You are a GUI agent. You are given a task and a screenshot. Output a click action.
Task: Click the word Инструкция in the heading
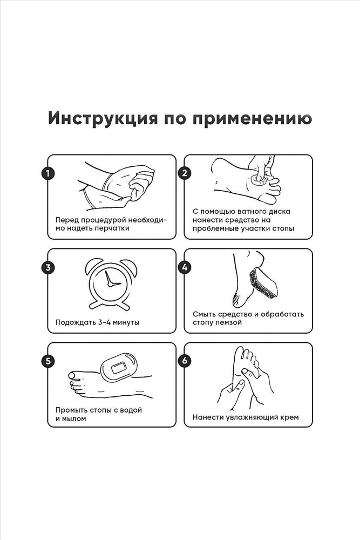(x=103, y=119)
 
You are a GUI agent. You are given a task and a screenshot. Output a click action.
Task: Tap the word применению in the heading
(x=252, y=119)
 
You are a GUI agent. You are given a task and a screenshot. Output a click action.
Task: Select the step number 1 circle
(x=48, y=173)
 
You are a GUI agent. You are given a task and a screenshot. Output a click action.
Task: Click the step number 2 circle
(x=185, y=173)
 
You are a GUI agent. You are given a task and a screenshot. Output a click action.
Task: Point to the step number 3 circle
(x=48, y=267)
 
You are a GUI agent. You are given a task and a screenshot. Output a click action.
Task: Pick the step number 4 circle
(x=185, y=267)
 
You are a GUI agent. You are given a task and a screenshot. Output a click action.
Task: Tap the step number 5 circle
(x=48, y=361)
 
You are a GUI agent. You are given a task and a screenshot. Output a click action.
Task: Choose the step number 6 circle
(x=185, y=361)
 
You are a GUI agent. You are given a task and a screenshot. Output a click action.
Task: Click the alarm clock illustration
(x=111, y=284)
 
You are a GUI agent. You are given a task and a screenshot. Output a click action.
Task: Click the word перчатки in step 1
(x=113, y=228)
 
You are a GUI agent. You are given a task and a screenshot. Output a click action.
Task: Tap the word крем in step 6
(x=289, y=417)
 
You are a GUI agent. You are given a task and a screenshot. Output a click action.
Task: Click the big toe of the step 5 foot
(x=73, y=375)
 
